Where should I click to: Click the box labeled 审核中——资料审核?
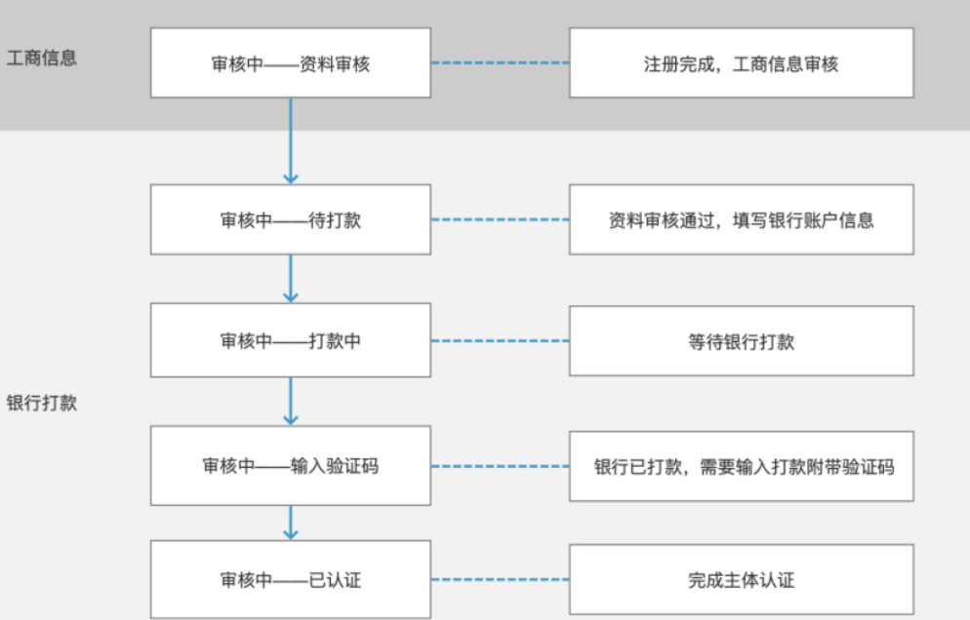[x=290, y=63]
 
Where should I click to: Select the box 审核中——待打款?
[x=290, y=219]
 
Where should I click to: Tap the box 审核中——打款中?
[x=290, y=340]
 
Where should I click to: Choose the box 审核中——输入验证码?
[x=290, y=465]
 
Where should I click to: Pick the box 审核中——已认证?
[x=290, y=580]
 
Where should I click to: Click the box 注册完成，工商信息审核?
[x=742, y=63]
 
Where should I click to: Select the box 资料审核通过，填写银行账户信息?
[x=742, y=219]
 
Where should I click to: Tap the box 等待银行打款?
[x=742, y=340]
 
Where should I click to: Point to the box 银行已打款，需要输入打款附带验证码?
[x=742, y=465]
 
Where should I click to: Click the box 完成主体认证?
[x=742, y=580]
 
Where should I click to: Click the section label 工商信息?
[x=41, y=58]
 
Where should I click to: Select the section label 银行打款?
[x=41, y=403]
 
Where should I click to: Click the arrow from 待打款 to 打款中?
[x=290, y=279]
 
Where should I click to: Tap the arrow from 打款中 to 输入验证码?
[x=290, y=401]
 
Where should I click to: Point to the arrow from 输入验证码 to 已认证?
[x=290, y=523]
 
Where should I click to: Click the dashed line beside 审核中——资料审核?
[x=500, y=63]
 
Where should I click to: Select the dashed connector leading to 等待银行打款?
[x=500, y=340]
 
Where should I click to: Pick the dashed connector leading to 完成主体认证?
[x=500, y=580]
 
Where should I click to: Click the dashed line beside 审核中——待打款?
[x=500, y=219]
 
